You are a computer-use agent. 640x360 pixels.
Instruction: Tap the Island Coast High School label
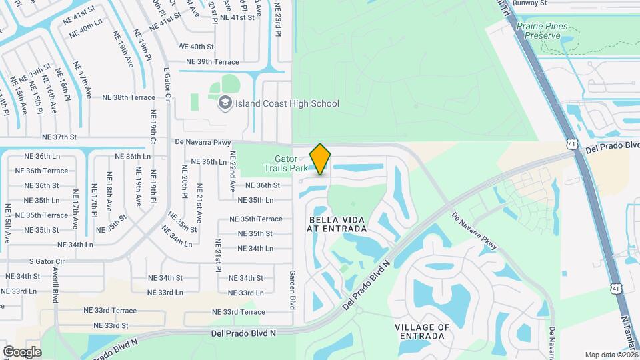(287, 103)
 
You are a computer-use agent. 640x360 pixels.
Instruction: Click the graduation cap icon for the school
(225, 103)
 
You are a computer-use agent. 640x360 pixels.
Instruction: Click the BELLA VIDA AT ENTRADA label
(337, 224)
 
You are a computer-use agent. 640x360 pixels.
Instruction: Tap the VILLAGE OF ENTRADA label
(422, 331)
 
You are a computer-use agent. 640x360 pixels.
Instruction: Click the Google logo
(22, 351)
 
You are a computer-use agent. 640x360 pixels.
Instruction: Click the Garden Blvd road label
(291, 289)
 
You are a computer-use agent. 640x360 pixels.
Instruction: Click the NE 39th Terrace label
(213, 62)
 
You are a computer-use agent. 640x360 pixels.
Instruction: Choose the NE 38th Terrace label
(129, 97)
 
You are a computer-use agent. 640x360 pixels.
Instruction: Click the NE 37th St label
(60, 137)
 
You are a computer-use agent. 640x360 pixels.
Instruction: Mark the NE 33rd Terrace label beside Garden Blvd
(239, 312)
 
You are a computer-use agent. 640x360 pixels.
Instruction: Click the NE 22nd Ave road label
(233, 172)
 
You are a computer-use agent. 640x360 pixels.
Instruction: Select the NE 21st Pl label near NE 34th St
(217, 255)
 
